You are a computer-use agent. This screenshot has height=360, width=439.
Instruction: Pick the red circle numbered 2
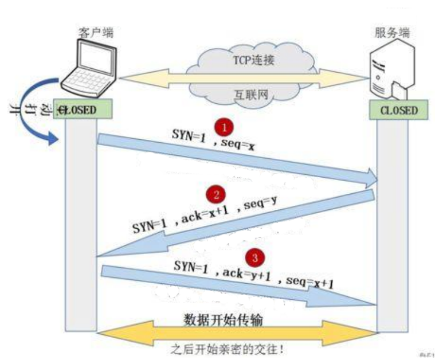coord(216,194)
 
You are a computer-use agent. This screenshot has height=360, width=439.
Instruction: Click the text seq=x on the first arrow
coord(236,145)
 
